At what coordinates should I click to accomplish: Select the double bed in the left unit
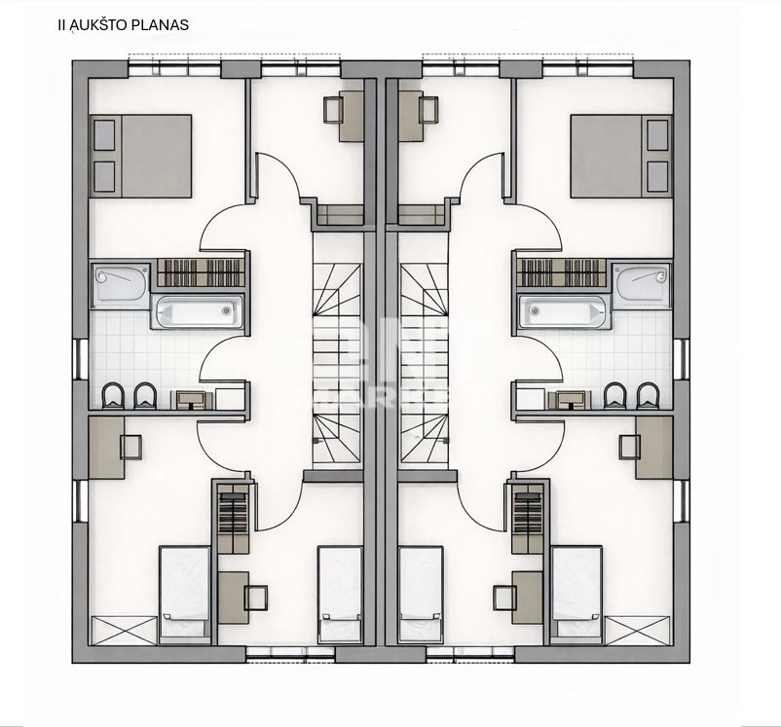[141, 156]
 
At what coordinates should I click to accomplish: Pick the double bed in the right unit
[619, 156]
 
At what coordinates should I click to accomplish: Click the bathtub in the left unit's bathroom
[198, 312]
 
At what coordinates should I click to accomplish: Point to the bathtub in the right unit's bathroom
[563, 312]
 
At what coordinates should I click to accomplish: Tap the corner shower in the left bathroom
[120, 284]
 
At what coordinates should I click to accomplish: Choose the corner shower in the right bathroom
[642, 284]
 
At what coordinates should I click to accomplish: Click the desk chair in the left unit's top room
[333, 109]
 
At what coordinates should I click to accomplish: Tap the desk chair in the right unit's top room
[428, 109]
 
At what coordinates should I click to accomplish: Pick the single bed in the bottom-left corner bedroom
[184, 591]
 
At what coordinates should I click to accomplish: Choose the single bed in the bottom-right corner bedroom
[576, 591]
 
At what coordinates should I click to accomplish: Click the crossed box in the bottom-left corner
[124, 630]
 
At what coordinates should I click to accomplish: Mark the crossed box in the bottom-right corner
[638, 630]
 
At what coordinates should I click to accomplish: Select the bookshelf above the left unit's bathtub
[201, 273]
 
